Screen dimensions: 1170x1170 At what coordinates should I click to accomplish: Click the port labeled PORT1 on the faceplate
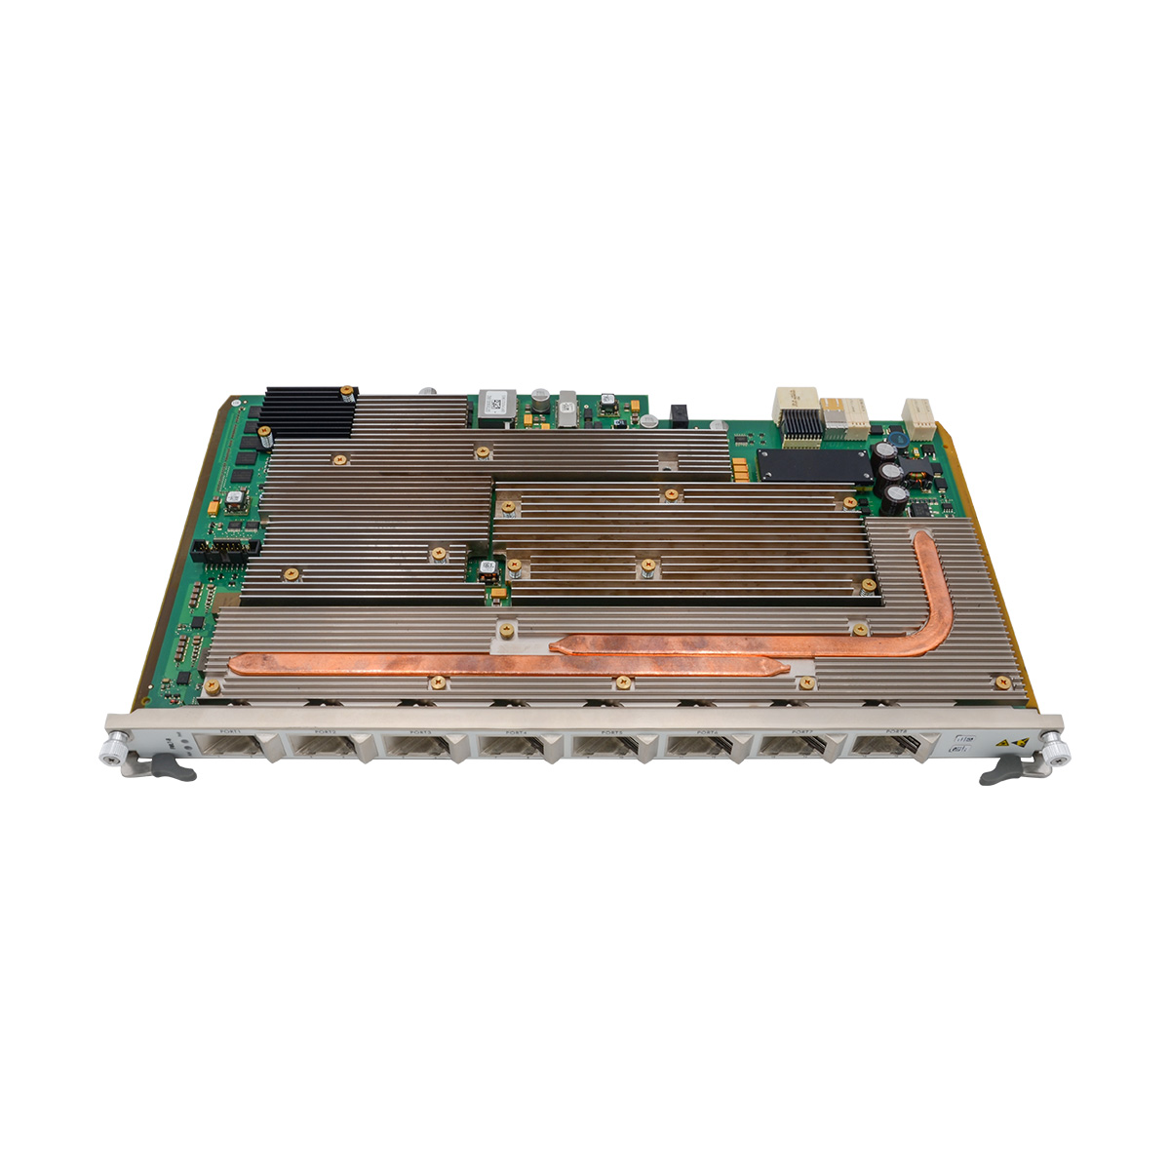tap(231, 748)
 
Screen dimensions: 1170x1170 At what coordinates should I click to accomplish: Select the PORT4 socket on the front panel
tap(512, 748)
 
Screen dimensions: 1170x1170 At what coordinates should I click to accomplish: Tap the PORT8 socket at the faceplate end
tap(886, 748)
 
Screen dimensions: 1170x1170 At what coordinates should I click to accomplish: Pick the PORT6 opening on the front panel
tap(699, 748)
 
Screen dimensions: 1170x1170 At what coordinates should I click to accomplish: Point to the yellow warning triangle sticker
tap(1019, 741)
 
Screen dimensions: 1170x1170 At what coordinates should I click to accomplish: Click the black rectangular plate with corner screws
tap(813, 465)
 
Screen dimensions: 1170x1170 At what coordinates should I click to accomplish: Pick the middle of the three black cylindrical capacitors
tap(891, 473)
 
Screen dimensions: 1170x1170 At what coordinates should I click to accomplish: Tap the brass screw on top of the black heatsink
tap(346, 393)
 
